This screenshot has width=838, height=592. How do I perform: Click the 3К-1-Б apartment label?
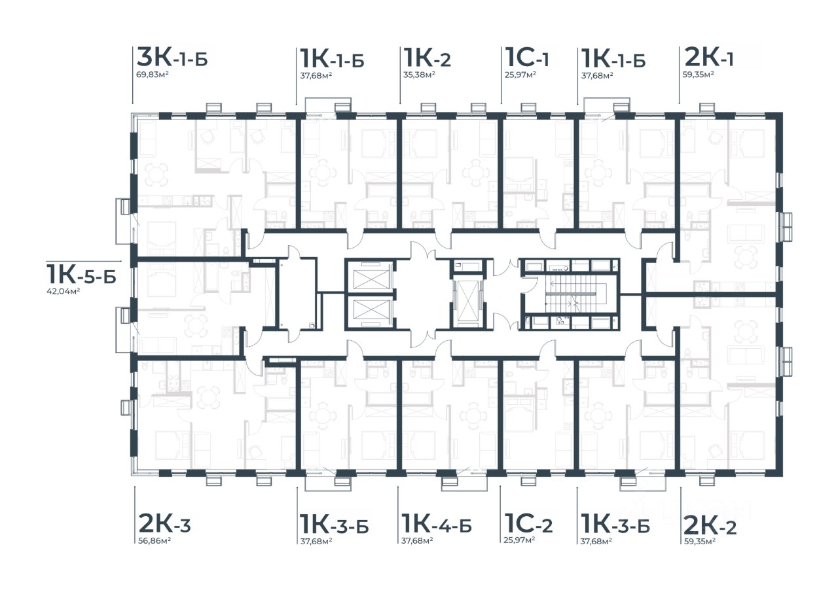click(x=172, y=57)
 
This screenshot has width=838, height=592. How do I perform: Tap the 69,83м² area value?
click(x=153, y=75)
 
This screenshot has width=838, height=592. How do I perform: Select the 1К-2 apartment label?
click(x=427, y=58)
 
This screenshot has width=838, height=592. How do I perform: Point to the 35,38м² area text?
click(x=418, y=75)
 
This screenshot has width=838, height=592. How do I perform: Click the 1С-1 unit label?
click(x=527, y=58)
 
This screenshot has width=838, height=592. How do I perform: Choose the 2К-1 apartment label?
click(x=708, y=57)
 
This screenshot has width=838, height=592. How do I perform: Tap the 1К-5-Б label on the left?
click(x=81, y=274)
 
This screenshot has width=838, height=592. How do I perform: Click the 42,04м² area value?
click(x=64, y=292)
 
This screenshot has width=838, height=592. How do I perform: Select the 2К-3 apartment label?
click(x=164, y=523)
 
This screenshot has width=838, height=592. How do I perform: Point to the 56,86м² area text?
click(x=155, y=541)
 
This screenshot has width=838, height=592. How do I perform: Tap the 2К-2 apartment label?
click(x=710, y=526)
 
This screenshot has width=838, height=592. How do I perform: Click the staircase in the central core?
click(x=571, y=294)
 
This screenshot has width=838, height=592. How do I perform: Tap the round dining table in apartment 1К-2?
click(x=476, y=173)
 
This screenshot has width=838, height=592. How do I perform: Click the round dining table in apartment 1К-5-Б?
click(x=196, y=326)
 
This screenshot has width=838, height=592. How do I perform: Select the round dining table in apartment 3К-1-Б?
click(x=156, y=175)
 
